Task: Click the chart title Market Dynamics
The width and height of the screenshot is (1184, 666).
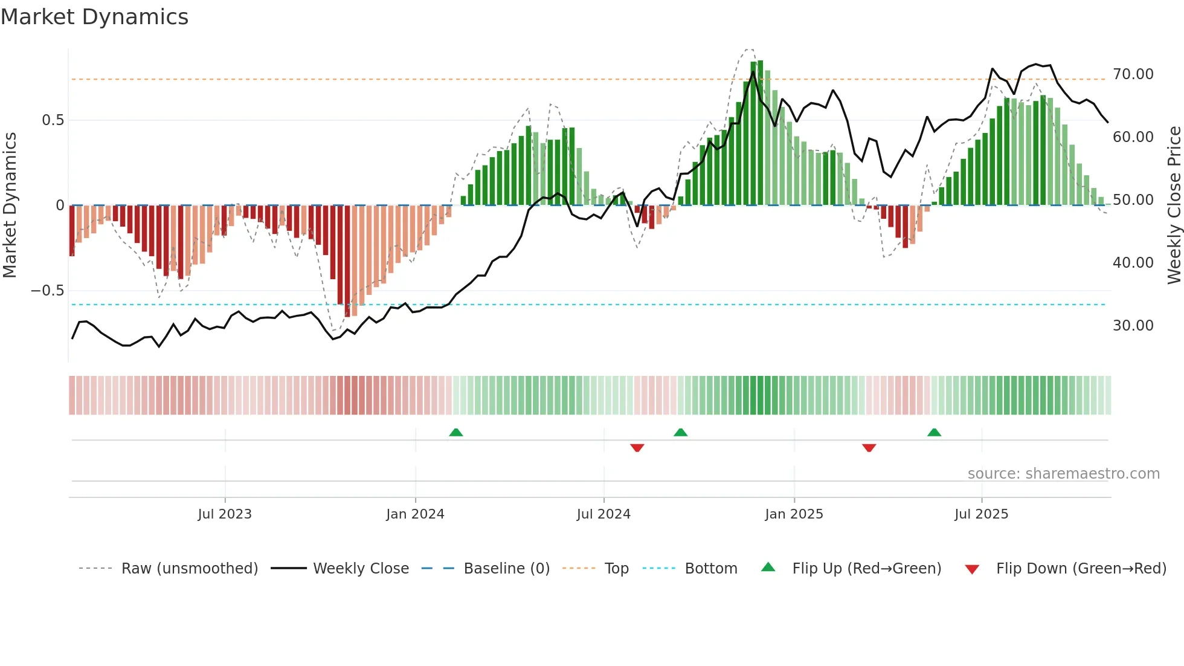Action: click(94, 17)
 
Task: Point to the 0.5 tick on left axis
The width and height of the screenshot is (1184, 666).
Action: click(53, 120)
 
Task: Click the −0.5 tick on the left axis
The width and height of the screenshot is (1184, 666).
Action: click(48, 291)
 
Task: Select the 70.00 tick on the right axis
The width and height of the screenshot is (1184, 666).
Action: click(1133, 74)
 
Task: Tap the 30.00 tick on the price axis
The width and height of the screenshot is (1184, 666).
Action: click(1133, 326)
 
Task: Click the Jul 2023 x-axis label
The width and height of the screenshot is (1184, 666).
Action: click(225, 514)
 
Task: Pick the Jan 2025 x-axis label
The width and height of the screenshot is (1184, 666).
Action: click(794, 514)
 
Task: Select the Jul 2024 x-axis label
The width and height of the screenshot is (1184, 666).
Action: click(603, 514)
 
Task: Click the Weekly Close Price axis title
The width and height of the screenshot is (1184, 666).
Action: click(1174, 205)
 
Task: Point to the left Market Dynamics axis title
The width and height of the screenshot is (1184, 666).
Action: click(10, 205)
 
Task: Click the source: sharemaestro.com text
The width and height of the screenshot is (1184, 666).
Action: click(1063, 474)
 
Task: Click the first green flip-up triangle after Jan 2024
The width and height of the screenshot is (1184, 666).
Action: click(456, 432)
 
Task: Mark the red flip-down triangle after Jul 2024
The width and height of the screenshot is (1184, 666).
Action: click(637, 448)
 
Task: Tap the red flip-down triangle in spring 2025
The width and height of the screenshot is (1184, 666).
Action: click(869, 448)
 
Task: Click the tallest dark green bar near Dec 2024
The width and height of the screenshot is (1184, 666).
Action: click(761, 133)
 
